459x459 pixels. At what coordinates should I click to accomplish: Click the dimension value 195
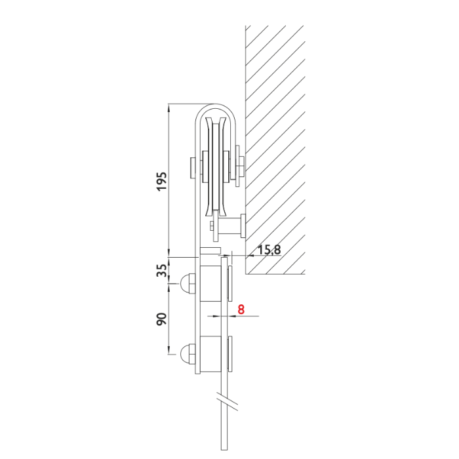point(161,182)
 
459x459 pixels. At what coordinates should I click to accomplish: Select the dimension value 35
point(161,270)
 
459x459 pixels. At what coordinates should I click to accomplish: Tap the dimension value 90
point(161,319)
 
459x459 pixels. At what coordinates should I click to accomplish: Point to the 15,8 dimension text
point(269,250)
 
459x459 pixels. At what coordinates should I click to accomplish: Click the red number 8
point(241,309)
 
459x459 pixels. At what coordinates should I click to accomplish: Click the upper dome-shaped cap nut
point(188,284)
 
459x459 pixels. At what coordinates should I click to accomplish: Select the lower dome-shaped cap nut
point(188,354)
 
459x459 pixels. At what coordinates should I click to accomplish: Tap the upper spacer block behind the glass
point(210,284)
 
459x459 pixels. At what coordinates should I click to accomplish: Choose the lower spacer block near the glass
point(210,354)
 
